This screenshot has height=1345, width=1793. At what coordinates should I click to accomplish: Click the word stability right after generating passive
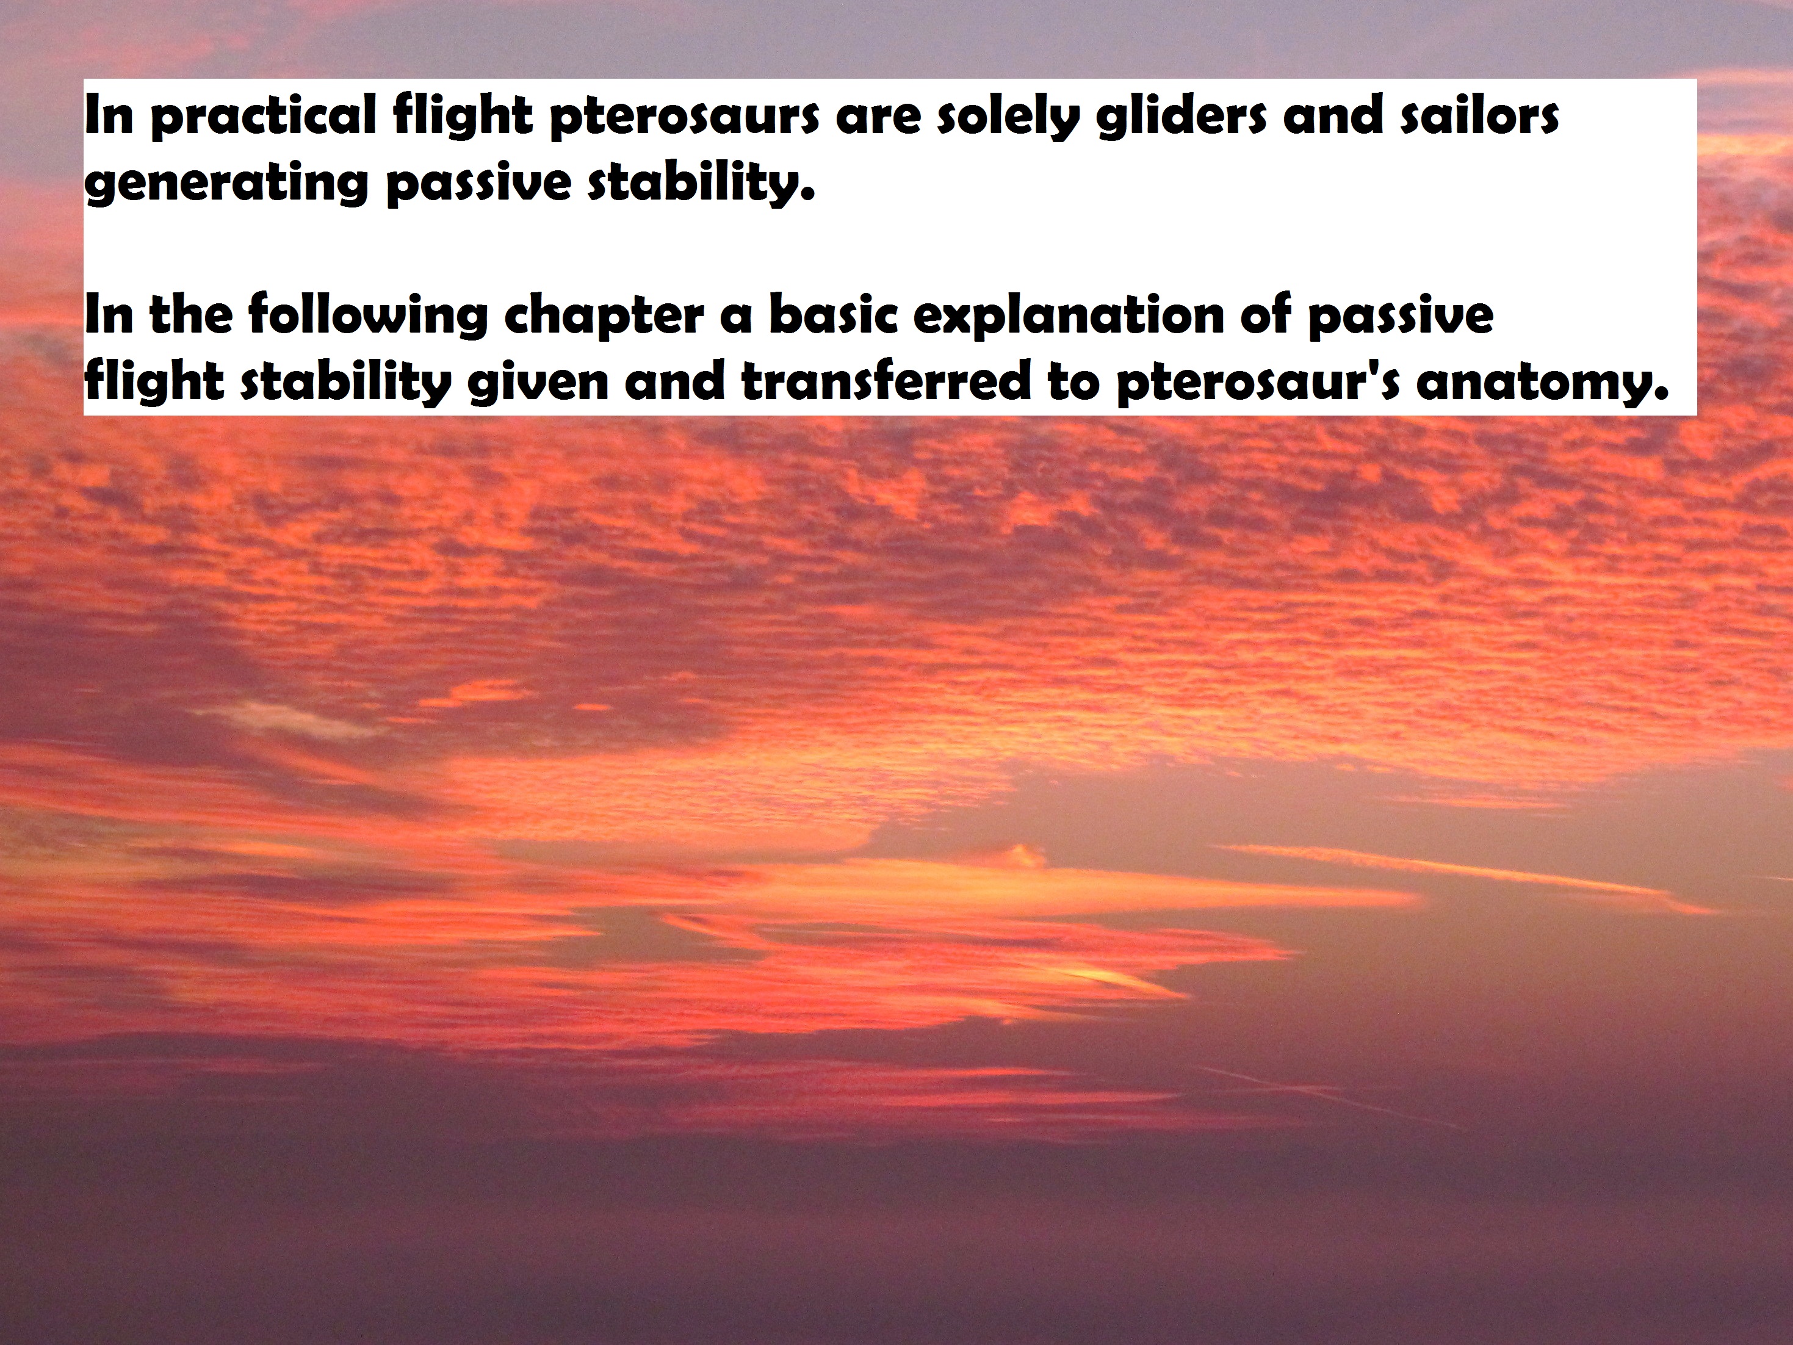(699, 183)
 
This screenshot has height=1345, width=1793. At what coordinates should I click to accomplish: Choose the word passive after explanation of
(1401, 317)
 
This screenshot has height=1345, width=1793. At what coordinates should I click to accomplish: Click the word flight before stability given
(154, 383)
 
